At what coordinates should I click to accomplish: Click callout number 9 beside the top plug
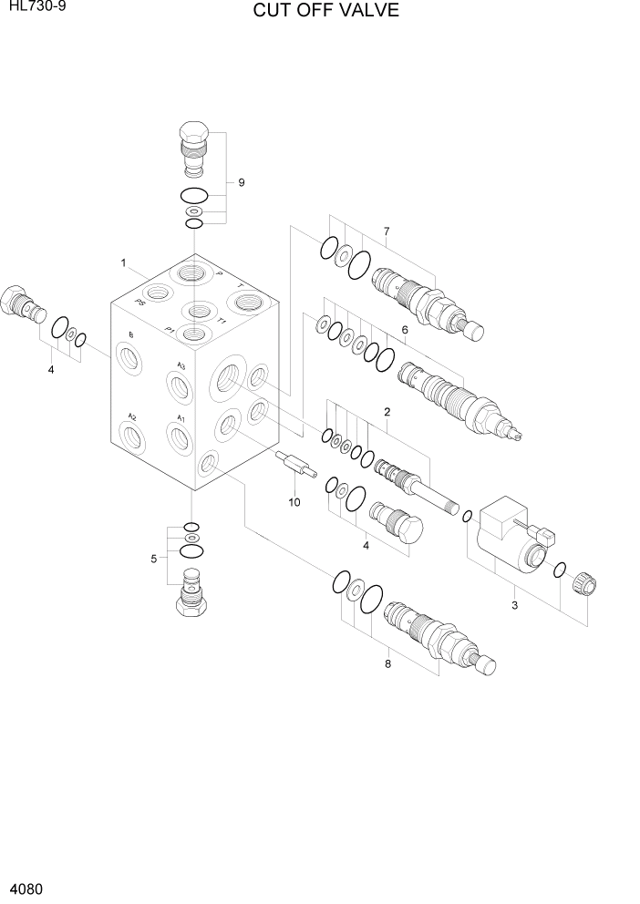pyautogui.click(x=242, y=182)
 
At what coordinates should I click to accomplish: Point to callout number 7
pyautogui.click(x=386, y=231)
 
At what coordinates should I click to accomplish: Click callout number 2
pyautogui.click(x=387, y=412)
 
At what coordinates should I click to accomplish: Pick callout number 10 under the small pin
pyautogui.click(x=294, y=502)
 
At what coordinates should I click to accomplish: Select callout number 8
pyautogui.click(x=387, y=663)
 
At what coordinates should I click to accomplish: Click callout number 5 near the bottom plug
pyautogui.click(x=154, y=558)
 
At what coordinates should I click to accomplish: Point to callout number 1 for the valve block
pyautogui.click(x=122, y=263)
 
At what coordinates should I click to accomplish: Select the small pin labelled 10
pyautogui.click(x=294, y=466)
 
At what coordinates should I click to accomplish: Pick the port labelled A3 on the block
pyautogui.click(x=181, y=385)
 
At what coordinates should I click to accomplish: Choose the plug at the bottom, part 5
pyautogui.click(x=192, y=592)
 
